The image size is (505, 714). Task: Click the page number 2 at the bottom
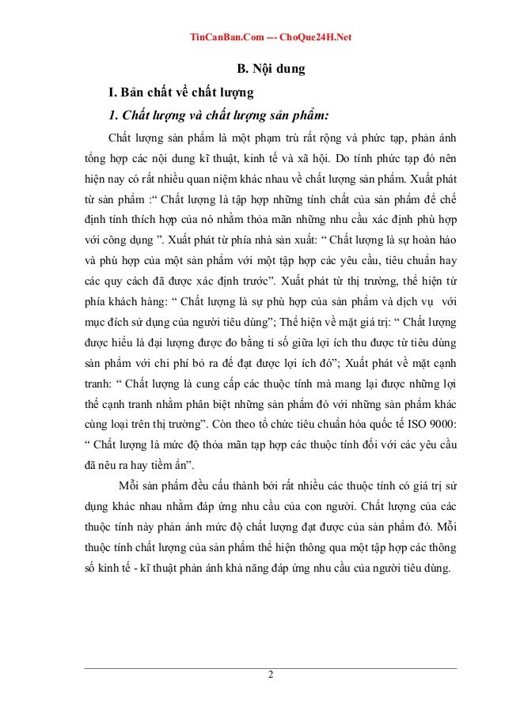(x=270, y=674)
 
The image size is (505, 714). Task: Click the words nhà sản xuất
(x=283, y=237)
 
